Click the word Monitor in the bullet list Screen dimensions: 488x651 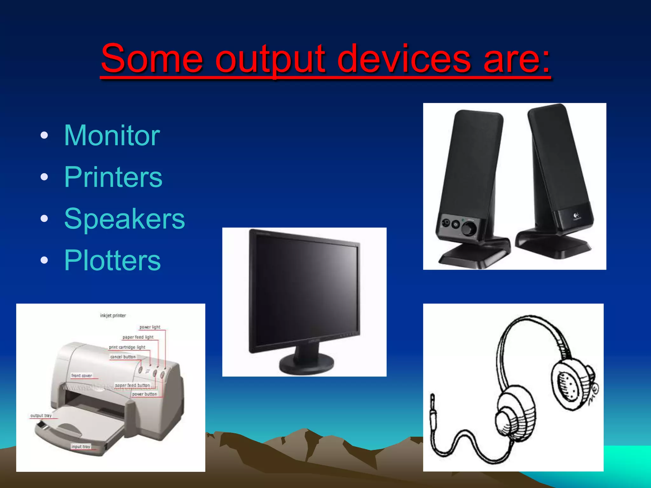[112, 136]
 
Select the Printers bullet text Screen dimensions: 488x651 [113, 177]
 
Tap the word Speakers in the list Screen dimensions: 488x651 [124, 219]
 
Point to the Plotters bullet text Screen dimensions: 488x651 [113, 261]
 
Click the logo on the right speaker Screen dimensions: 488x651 [576, 216]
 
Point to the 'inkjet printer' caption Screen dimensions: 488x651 [113, 315]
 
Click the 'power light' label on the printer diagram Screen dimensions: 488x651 [150, 327]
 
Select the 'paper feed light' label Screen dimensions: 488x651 [138, 337]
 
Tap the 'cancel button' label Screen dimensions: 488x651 [123, 357]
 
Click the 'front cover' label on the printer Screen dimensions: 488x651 [82, 376]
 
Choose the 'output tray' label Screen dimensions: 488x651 [41, 416]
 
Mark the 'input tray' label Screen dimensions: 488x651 [81, 446]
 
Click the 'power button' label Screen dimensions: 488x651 [145, 394]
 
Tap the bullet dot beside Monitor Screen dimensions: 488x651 [45, 136]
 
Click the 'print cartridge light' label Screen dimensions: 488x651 [127, 347]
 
